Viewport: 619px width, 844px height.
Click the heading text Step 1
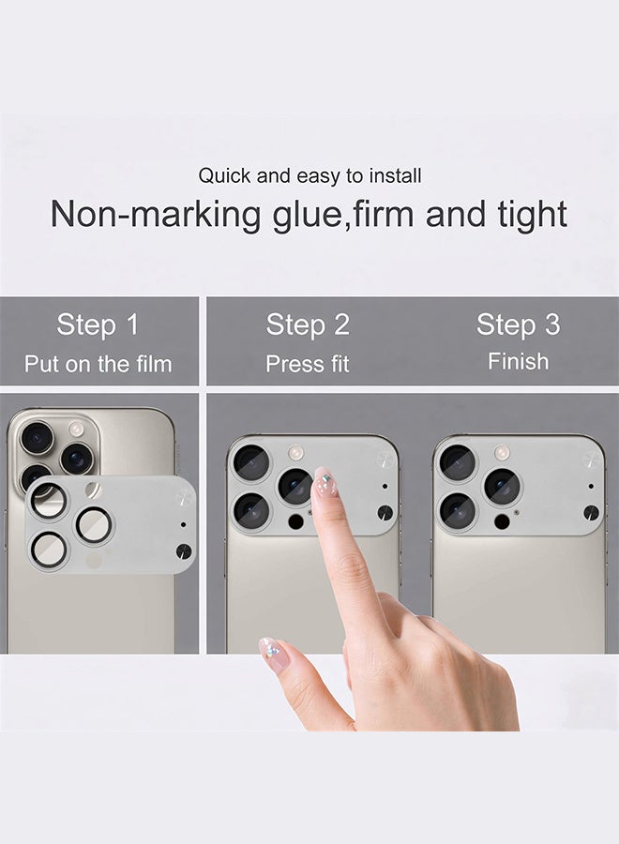click(98, 325)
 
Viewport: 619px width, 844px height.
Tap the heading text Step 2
click(308, 325)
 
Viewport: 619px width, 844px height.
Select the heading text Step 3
click(518, 325)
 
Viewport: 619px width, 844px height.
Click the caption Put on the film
click(98, 364)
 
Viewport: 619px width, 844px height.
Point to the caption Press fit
click(308, 364)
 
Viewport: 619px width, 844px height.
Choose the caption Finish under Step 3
click(518, 361)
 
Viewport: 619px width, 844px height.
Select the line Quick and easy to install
click(309, 175)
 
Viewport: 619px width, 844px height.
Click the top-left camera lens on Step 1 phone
click(38, 437)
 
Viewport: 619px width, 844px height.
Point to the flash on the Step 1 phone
click(77, 429)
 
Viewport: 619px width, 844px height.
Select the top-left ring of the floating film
click(48, 501)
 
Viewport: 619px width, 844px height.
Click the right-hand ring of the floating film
click(95, 525)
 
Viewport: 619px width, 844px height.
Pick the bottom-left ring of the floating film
click(48, 549)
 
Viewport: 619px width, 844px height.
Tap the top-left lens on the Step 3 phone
click(457, 461)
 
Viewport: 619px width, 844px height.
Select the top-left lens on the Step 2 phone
click(250, 461)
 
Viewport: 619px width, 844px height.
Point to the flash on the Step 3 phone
click(503, 452)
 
